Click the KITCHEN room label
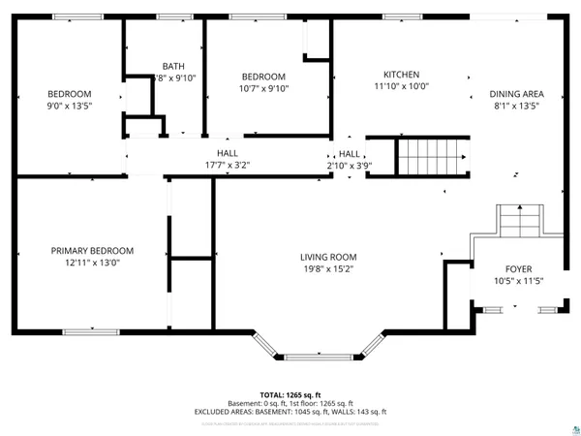tap(401, 75)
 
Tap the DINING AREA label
tap(519, 94)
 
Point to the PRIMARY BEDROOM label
tap(92, 250)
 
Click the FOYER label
tap(518, 269)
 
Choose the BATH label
tap(173, 66)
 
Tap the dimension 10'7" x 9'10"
tap(264, 88)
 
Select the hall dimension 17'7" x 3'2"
tap(228, 165)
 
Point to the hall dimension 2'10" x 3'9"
tap(350, 165)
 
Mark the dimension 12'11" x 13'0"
tap(92, 262)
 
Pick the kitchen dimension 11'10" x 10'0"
tap(401, 86)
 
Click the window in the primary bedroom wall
tap(92, 332)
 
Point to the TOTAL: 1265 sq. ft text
tap(290, 395)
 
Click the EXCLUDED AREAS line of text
tap(290, 412)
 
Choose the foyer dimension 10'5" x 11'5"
tap(518, 281)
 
